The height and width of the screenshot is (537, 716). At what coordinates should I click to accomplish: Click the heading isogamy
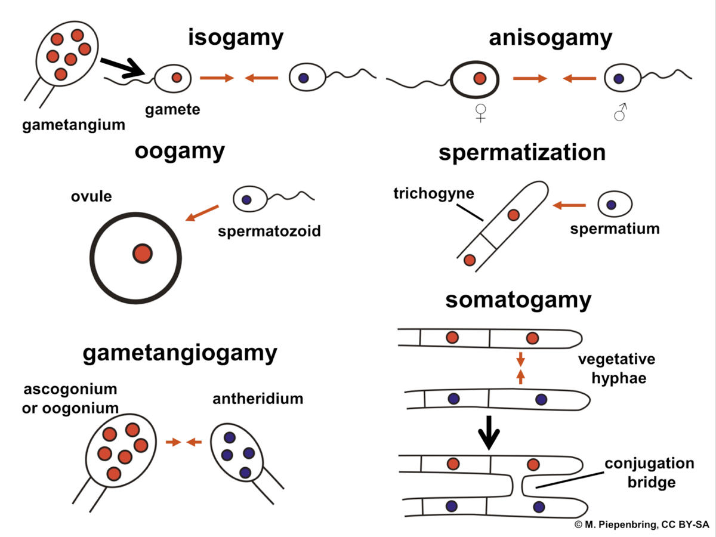point(236,38)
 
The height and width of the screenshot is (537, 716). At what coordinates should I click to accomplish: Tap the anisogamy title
point(550,38)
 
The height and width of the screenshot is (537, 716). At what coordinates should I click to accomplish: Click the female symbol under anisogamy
point(480,111)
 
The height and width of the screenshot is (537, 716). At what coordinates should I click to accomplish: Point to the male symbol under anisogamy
point(621,111)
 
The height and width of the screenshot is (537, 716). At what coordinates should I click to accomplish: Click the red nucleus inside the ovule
point(142,253)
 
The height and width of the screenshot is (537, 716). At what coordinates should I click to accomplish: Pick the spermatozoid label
point(270,231)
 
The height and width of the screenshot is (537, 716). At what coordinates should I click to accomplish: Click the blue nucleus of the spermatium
point(611,205)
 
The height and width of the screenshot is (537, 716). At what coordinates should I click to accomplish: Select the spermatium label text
point(615,229)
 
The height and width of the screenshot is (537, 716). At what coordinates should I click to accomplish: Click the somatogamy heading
point(518,300)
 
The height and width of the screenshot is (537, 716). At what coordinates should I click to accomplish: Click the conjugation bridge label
point(649,473)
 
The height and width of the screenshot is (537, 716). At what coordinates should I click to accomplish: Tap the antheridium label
point(258,398)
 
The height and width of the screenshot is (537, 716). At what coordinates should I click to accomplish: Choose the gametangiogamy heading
point(180,353)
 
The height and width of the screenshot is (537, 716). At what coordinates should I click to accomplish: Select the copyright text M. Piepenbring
point(641,524)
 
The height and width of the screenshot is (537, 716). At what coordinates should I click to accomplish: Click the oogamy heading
point(180,151)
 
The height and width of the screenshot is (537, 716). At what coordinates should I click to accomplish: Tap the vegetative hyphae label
point(616,369)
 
